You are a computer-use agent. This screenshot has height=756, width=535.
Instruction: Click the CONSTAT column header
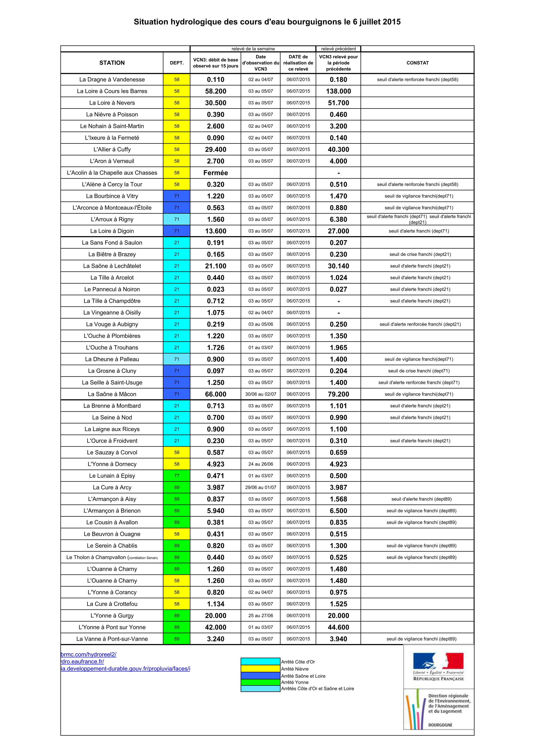coord(417,63)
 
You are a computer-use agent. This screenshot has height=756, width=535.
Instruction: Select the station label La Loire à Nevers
coord(112,103)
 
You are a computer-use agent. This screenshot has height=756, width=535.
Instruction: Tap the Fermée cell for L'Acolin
coord(216,173)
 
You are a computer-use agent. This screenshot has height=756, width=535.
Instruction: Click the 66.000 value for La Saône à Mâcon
coord(216,394)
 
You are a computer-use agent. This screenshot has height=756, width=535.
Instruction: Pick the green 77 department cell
coord(177,476)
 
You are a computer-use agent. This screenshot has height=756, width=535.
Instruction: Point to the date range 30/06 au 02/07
coord(261,394)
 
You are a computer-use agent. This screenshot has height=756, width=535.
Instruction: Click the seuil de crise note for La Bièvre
coord(420,254)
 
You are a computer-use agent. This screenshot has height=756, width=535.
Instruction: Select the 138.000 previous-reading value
coord(339,91)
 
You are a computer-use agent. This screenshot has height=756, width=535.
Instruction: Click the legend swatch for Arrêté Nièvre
coord(261,669)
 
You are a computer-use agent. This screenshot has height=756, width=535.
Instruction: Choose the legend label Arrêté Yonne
coord(295,682)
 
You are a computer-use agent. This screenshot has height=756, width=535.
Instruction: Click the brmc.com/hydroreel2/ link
coord(89,655)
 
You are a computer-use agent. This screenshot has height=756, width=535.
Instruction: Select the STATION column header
coord(112,63)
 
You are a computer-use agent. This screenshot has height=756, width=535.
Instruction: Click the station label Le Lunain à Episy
coord(112,476)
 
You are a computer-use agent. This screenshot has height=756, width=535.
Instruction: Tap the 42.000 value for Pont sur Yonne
coord(216,627)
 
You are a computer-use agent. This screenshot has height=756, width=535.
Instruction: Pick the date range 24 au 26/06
coord(261,464)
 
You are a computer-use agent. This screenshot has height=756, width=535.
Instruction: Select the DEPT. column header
coord(177,63)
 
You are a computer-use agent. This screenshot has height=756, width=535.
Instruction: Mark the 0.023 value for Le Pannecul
coord(216,289)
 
